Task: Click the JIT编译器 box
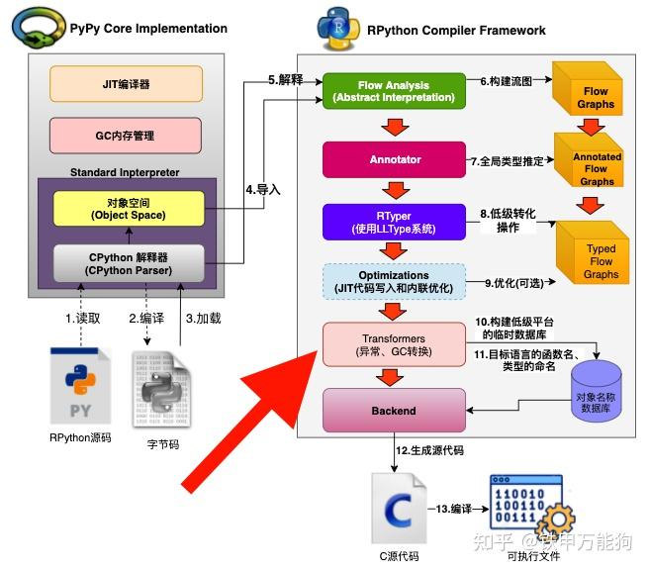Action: [x=125, y=84]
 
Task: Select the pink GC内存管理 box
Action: [x=125, y=135]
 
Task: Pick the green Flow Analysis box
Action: [x=394, y=90]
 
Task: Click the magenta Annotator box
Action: [x=394, y=158]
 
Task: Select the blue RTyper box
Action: [x=394, y=222]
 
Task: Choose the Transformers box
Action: [x=394, y=342]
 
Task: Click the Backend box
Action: [x=394, y=410]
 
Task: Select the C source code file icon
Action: [x=399, y=510]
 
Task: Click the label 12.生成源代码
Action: [x=435, y=450]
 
